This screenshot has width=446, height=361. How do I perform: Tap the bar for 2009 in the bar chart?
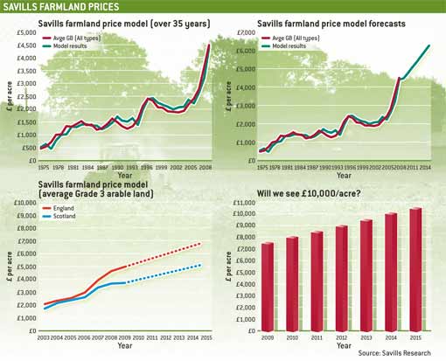coord(268,286)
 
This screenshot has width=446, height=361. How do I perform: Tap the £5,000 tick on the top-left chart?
coord(26,34)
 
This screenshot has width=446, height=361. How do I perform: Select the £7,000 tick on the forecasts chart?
coord(244,34)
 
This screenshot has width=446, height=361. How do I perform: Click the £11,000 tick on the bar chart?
coord(242,204)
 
